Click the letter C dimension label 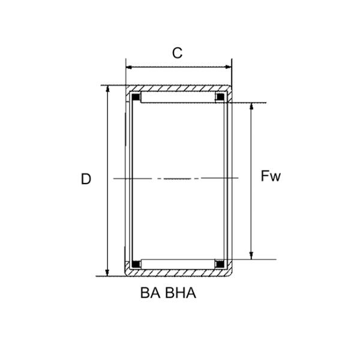[x=177, y=53]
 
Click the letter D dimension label [x=86, y=179]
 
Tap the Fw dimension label [x=271, y=176]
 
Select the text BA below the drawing [x=151, y=294]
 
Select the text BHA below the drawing [x=181, y=294]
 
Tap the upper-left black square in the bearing [x=136, y=97]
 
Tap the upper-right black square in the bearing [x=220, y=97]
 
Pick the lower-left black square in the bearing [x=136, y=263]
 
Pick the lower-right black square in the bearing [x=220, y=263]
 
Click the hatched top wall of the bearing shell [x=178, y=88]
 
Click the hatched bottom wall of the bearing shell [x=178, y=273]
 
